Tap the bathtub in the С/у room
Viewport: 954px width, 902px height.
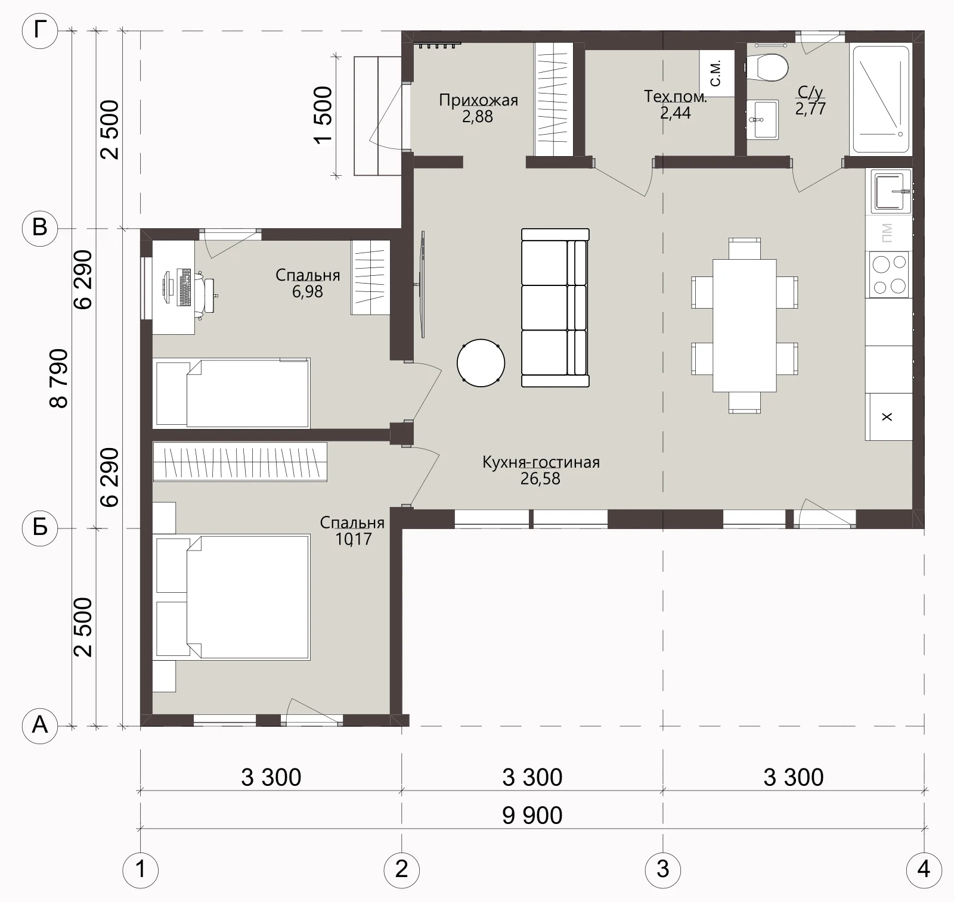click(x=881, y=99)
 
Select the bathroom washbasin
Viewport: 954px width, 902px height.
click(x=762, y=119)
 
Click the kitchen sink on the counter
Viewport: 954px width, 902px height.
click(x=891, y=191)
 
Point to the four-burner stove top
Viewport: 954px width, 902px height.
click(x=889, y=274)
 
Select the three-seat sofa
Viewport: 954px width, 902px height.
click(x=555, y=308)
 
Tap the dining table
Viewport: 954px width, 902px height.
click(x=745, y=325)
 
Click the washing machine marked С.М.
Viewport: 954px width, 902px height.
click(x=717, y=72)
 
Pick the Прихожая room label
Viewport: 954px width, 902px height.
click(x=478, y=100)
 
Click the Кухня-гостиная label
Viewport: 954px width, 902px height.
click(x=541, y=462)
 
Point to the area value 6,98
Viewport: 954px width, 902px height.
click(x=308, y=291)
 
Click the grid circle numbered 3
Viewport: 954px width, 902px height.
click(x=662, y=869)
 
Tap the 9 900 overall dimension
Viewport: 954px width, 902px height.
click(x=532, y=815)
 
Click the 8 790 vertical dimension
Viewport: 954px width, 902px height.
click(x=60, y=378)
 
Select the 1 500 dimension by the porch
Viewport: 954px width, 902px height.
click(x=323, y=115)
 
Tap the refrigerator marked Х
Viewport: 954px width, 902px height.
click(x=888, y=416)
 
